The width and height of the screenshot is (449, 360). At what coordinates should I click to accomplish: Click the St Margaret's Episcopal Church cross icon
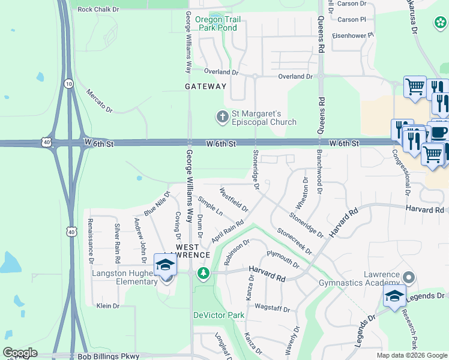click(x=222, y=116)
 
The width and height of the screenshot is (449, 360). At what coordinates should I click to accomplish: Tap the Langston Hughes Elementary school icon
click(x=165, y=264)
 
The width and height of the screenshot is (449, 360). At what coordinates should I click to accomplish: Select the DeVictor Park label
click(x=218, y=315)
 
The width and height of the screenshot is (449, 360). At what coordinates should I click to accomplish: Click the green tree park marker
click(x=204, y=274)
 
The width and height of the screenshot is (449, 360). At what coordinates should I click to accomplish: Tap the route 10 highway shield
click(x=69, y=84)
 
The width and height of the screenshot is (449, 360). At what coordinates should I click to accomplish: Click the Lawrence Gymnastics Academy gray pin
click(x=409, y=277)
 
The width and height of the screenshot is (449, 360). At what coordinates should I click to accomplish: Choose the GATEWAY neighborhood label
click(x=206, y=86)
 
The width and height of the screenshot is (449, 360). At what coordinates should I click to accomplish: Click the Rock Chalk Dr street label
click(x=98, y=10)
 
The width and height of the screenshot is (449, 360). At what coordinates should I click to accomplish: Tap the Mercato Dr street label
click(x=100, y=101)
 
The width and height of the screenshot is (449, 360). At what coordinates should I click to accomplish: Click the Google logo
click(x=20, y=353)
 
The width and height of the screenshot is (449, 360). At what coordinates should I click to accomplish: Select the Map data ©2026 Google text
click(x=412, y=355)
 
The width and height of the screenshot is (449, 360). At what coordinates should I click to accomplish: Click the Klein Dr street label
click(x=108, y=306)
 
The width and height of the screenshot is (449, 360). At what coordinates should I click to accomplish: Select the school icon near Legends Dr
click(x=394, y=296)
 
